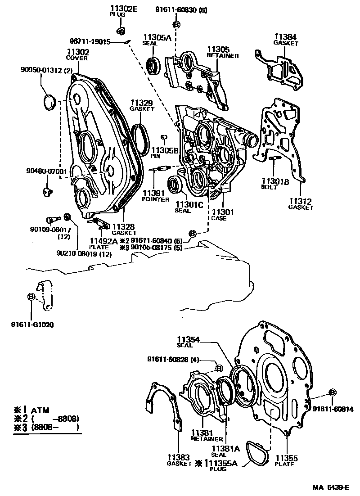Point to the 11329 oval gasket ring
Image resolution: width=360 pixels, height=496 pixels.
[142, 139]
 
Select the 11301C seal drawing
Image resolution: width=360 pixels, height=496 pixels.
[175, 185]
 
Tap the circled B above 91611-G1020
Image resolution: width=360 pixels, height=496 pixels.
[31, 297]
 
